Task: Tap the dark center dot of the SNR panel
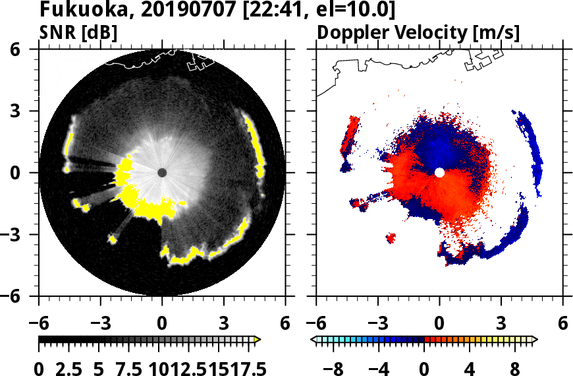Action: point(162,172)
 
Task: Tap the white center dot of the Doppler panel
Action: point(439,172)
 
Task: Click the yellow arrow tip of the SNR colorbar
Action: point(258,340)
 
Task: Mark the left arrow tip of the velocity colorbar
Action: point(314,340)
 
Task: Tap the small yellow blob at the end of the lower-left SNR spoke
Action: point(113,239)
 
